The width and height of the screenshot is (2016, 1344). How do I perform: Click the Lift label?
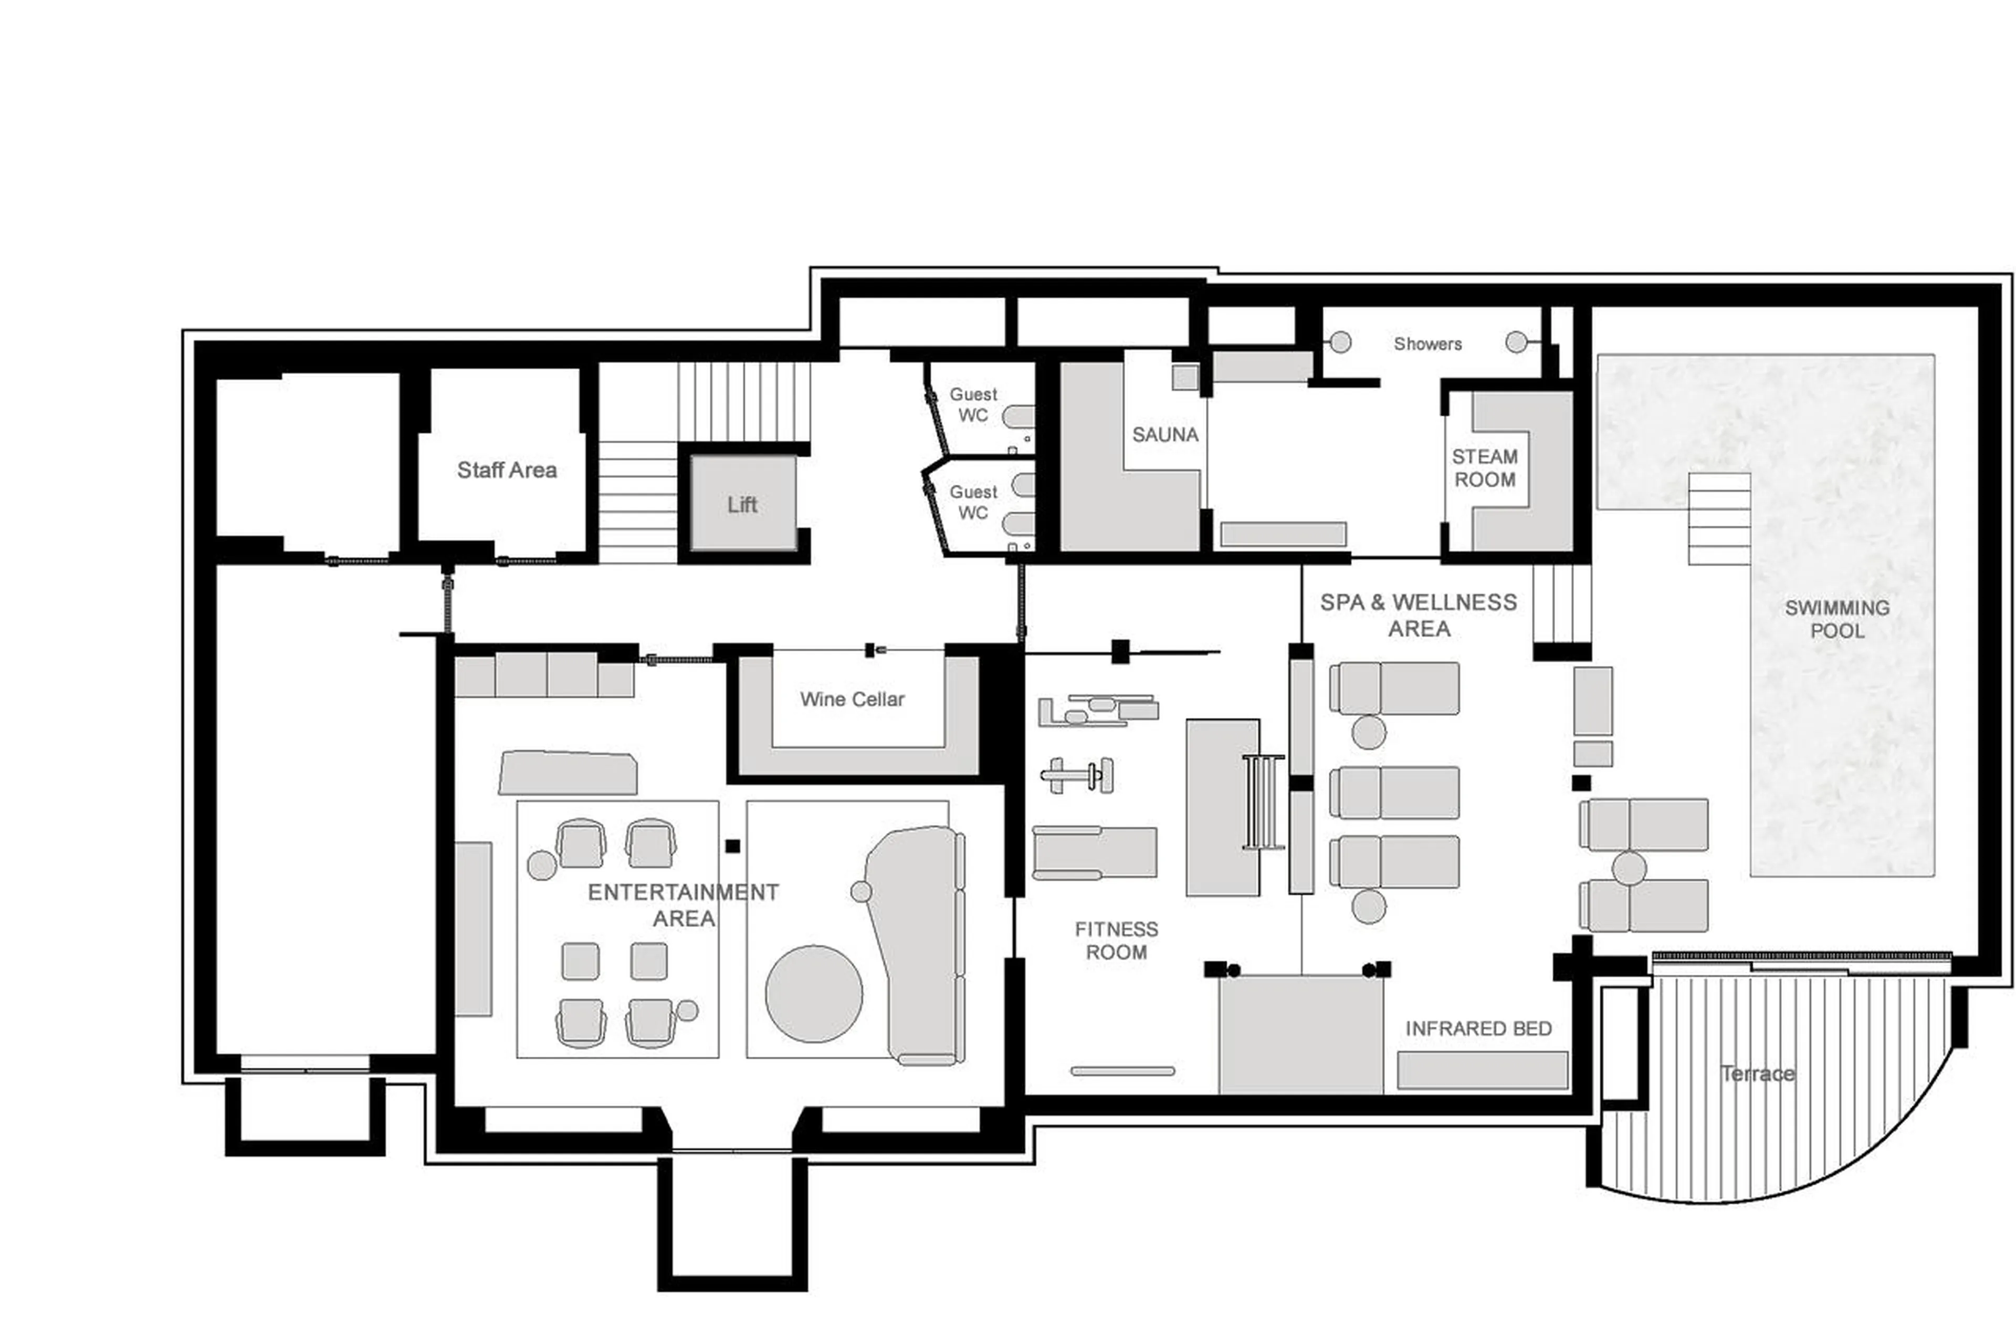click(741, 505)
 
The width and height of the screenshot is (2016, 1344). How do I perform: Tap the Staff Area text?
click(506, 470)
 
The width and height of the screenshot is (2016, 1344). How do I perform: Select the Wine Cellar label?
click(852, 700)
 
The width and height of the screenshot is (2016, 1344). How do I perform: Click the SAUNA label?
click(1164, 434)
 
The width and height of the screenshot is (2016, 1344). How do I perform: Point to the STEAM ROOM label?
click(1484, 468)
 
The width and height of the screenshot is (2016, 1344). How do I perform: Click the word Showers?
click(1427, 343)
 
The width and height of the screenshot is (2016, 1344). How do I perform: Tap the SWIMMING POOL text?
click(1836, 619)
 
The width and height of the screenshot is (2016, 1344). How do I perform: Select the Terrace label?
click(1757, 1073)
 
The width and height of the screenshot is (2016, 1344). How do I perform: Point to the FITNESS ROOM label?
click(1116, 940)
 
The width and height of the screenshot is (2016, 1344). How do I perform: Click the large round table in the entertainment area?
click(813, 994)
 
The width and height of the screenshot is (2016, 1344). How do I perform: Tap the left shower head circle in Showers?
click(1341, 342)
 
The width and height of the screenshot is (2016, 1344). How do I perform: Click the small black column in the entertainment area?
click(732, 846)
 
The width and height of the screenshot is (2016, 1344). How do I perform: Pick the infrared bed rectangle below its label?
click(1482, 1070)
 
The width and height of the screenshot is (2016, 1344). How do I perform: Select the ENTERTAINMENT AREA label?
click(683, 905)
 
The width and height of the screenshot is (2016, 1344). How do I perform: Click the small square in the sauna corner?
click(1184, 377)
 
